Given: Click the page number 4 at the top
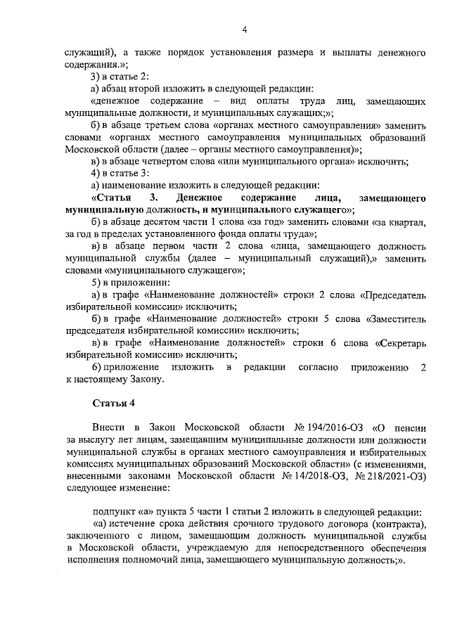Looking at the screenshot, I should point(245,29).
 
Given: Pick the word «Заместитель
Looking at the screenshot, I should point(397,318).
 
